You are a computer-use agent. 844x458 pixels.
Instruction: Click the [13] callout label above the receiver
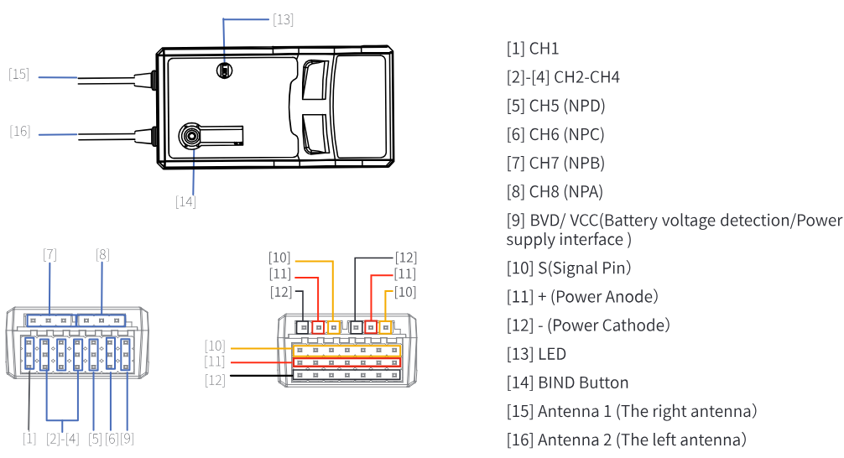coord(283,20)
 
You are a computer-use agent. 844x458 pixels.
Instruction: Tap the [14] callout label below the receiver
coord(185,202)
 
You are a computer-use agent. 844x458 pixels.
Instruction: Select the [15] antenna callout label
coord(18,75)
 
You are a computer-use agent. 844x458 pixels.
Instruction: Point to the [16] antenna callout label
coord(20,132)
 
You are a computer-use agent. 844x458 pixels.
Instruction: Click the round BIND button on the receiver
coord(190,136)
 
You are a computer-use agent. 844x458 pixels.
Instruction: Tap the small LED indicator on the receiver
coord(225,70)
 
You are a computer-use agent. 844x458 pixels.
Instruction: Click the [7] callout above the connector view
coord(50,254)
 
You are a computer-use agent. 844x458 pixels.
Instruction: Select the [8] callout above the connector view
coord(103,254)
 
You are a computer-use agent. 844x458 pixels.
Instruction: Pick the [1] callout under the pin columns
coord(29,439)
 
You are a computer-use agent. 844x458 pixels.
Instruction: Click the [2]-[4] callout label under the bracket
coord(63,439)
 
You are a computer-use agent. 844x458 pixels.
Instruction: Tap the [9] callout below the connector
coord(127,439)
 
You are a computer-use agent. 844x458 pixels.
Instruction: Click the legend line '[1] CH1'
coord(533,49)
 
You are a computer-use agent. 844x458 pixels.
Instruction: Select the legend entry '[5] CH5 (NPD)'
coord(556,106)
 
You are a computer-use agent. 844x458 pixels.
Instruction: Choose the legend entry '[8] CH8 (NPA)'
coord(555,191)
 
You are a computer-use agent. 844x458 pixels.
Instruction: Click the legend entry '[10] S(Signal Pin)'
coord(569,268)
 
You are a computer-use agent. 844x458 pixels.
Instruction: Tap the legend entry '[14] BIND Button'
coord(568,383)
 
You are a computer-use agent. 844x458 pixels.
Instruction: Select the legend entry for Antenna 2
coord(627,440)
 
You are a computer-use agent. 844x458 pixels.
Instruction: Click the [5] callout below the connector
coord(96,439)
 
